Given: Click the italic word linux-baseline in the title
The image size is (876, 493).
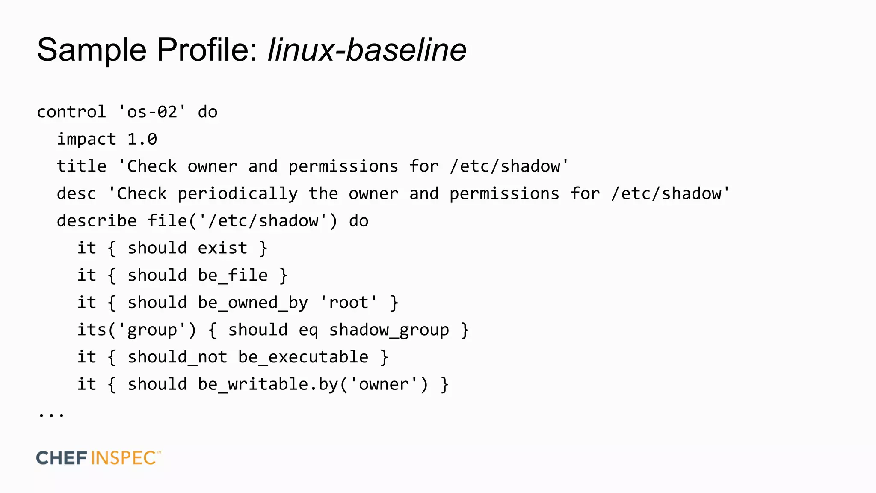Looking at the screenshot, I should click(x=367, y=50).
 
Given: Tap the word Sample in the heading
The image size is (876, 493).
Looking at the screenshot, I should click(x=92, y=50).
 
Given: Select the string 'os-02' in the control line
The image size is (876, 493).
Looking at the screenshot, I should click(x=152, y=112).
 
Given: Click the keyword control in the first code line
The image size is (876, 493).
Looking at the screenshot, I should click(x=71, y=112).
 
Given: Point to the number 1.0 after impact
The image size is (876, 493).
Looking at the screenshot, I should click(x=142, y=140).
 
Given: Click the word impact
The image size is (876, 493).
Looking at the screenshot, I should click(x=86, y=140).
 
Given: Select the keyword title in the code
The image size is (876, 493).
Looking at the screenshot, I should click(x=81, y=166).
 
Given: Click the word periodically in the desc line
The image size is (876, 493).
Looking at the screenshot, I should click(x=237, y=194).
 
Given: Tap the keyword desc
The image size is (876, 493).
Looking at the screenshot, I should click(x=76, y=194).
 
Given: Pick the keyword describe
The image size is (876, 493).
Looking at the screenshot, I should click(x=97, y=221).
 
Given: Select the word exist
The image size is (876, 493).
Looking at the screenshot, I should click(x=222, y=248).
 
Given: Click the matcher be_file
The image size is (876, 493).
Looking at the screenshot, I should click(x=233, y=276).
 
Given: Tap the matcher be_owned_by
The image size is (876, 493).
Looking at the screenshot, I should click(x=253, y=303).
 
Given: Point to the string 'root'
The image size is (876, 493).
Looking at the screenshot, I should click(x=349, y=303).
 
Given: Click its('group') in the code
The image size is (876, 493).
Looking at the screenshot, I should click(x=136, y=330).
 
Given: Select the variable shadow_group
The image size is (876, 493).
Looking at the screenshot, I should click(x=389, y=330).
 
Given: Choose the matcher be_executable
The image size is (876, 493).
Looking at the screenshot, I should click(x=303, y=357).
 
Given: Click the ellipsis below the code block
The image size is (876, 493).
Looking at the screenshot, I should click(x=51, y=414).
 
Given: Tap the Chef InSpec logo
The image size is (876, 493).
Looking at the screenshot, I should click(x=99, y=458).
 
